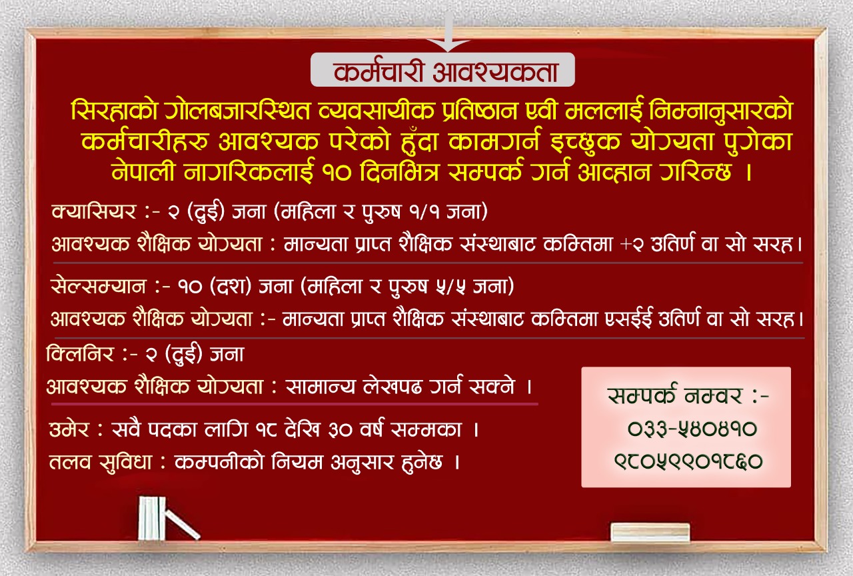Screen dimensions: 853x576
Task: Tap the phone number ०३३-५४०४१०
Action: pyautogui.click(x=692, y=429)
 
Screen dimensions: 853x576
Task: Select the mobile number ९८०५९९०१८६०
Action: pyautogui.click(x=688, y=461)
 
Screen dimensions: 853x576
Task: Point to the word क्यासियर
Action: pyautogui.click(x=94, y=212)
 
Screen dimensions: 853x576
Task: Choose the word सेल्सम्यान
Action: pyautogui.click(x=98, y=287)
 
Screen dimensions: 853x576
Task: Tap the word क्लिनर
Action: pyautogui.click(x=80, y=354)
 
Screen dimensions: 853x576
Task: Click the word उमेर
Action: pyautogui.click(x=69, y=430)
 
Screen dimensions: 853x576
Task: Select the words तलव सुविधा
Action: pyautogui.click(x=101, y=462)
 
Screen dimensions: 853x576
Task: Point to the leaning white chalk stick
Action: pyautogui.click(x=182, y=525)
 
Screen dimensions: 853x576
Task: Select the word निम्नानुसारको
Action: pyautogui.click(x=721, y=111)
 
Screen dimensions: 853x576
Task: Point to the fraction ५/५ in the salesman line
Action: pyautogui.click(x=452, y=287)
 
